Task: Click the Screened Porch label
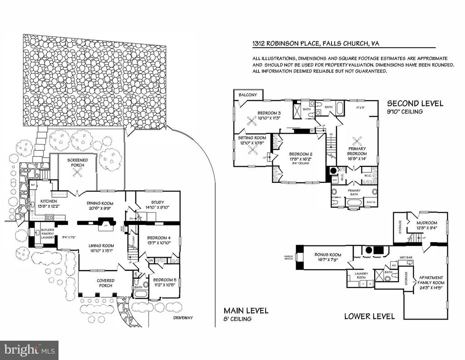coord(78,163)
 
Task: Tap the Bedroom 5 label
coord(164,282)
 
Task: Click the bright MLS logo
coord(29,350)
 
